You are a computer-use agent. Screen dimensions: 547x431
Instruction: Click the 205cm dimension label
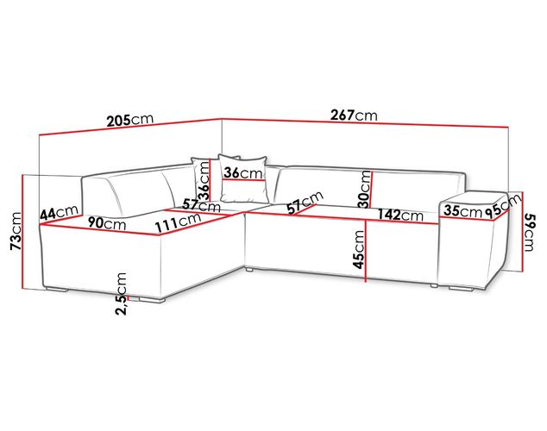(129, 120)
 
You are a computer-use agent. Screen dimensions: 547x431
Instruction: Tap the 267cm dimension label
(354, 115)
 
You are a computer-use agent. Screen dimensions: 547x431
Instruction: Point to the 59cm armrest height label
(528, 233)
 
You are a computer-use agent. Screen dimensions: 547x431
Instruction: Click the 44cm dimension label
(59, 212)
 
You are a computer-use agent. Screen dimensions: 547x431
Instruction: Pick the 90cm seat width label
(106, 222)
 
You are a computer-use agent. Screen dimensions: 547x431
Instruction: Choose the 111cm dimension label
(178, 222)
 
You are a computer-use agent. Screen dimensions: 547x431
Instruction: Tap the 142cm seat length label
(400, 215)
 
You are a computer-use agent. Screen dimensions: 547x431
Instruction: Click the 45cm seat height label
(358, 249)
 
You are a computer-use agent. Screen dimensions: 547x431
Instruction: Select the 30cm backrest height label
(365, 189)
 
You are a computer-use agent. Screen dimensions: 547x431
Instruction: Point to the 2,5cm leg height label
(121, 294)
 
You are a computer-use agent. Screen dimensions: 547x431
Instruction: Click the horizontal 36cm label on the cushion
(242, 172)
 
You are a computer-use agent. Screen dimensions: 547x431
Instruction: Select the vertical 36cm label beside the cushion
(204, 181)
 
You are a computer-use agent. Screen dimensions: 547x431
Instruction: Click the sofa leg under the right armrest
(461, 289)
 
